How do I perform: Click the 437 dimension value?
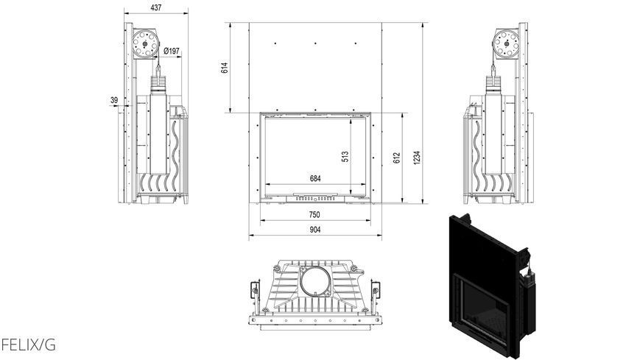pyautogui.click(x=156, y=7)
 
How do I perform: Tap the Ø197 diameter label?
pyautogui.click(x=172, y=51)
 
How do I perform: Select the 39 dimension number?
pyautogui.click(x=114, y=100)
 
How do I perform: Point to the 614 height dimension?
pyautogui.click(x=225, y=68)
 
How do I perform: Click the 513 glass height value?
pyautogui.click(x=345, y=157)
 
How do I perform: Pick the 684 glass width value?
pyautogui.click(x=315, y=178)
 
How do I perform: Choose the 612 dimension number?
pyautogui.click(x=396, y=158)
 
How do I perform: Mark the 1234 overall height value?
pyautogui.click(x=416, y=158)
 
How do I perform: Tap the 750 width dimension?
pyautogui.click(x=314, y=215)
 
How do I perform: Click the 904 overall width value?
pyautogui.click(x=314, y=230)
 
